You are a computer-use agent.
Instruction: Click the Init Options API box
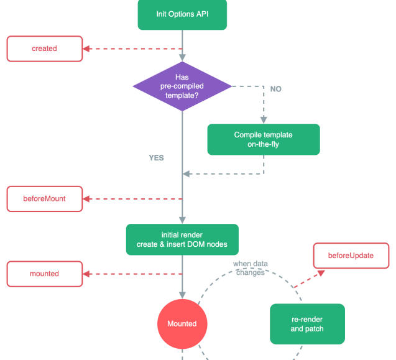coord(182,14)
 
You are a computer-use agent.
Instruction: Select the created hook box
coord(44,48)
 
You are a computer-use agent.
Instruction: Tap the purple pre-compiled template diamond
coord(182,87)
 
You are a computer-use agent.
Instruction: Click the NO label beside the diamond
coord(275,89)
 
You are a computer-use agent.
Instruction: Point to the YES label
coord(156,158)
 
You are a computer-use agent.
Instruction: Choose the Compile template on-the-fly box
coord(263,139)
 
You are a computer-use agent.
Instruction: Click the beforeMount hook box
coord(44,199)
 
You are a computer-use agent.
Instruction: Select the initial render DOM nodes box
coord(182,239)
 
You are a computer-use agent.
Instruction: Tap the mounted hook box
coord(44,274)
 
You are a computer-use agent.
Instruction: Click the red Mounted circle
coord(182,323)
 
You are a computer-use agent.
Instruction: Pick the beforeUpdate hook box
coord(351,256)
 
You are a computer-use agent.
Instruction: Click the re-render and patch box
coord(307,324)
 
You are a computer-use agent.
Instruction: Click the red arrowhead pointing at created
coord(87,48)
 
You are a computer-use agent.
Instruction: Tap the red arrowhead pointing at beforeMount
coord(87,199)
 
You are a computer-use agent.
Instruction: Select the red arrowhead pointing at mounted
coord(87,274)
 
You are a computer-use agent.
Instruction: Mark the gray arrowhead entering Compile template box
coord(264,119)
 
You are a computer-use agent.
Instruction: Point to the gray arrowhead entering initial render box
coord(182,220)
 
